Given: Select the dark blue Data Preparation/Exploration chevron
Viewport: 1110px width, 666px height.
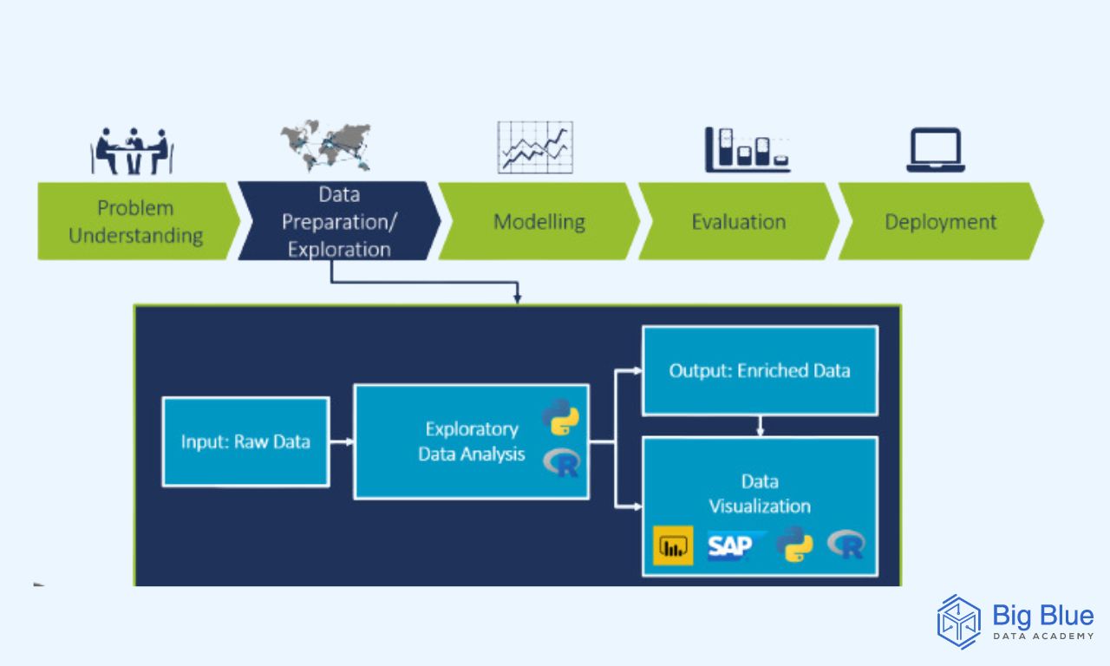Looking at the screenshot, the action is click(339, 221).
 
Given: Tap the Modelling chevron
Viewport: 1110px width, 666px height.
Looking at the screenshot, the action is click(539, 221).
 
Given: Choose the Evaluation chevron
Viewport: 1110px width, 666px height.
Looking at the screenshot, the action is click(739, 221).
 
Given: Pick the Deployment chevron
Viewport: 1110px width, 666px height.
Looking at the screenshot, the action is click(941, 221).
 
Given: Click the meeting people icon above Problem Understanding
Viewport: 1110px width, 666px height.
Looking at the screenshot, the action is click(132, 151).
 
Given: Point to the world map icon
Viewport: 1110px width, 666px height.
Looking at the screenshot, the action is click(325, 146).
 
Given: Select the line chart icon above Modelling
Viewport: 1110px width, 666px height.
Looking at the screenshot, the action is click(535, 147).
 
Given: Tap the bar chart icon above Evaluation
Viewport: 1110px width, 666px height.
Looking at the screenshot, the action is click(748, 150).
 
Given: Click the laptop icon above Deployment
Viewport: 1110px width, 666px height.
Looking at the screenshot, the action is click(936, 150).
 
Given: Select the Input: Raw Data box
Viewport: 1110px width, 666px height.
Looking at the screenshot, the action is click(245, 441).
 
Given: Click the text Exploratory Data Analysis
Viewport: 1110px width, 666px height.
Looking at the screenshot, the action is click(471, 441).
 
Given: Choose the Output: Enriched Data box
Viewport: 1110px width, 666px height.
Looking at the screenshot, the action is click(761, 370).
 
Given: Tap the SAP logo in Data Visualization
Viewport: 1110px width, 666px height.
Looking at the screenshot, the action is click(735, 546).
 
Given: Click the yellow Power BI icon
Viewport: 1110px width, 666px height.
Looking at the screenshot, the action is click(673, 545).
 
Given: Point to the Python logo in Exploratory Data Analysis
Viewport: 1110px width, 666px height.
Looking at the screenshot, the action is click(560, 417).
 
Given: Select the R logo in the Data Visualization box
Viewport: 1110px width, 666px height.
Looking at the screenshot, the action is click(846, 544).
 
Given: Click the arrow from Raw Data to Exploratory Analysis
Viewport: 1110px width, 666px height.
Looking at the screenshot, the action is click(342, 441).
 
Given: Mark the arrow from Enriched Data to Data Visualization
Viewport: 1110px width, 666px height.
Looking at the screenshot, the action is click(761, 426).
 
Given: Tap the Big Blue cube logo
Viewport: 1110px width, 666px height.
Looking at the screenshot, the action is click(959, 622).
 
